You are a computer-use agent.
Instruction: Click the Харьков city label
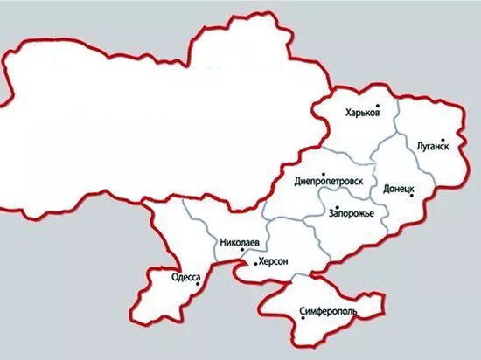(x=362, y=113)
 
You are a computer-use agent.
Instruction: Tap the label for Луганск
(x=433, y=147)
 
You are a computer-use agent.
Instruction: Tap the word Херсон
(x=275, y=262)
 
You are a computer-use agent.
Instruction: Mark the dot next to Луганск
(x=443, y=139)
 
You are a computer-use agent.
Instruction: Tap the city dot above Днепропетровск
(x=323, y=173)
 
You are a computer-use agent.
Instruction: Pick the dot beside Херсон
(x=254, y=263)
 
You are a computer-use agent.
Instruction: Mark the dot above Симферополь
(x=303, y=318)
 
